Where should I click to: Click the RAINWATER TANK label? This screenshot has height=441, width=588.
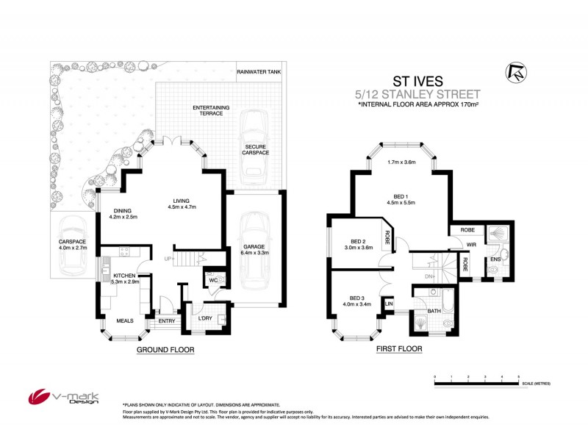pyautogui.click(x=259, y=71)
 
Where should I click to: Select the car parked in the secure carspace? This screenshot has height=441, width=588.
pyautogui.click(x=255, y=147)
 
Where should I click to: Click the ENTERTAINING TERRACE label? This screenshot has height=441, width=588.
pyautogui.click(x=211, y=110)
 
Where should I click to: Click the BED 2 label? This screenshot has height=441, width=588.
pyautogui.click(x=358, y=242)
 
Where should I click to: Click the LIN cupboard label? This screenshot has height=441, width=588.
pyautogui.click(x=390, y=302)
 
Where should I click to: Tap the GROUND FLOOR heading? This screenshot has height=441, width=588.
pyautogui.click(x=165, y=351)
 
